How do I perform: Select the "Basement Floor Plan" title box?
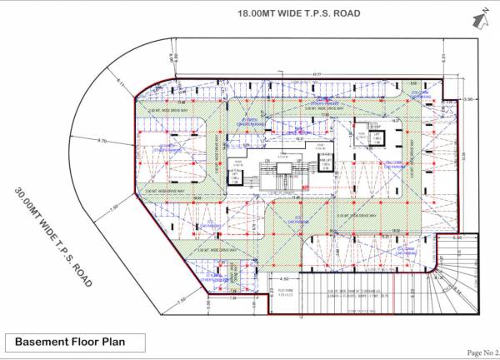(x=75, y=342)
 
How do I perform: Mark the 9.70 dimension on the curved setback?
(x=102, y=142)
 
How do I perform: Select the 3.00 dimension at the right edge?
(x=467, y=100)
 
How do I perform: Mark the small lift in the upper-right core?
(x=376, y=137)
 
